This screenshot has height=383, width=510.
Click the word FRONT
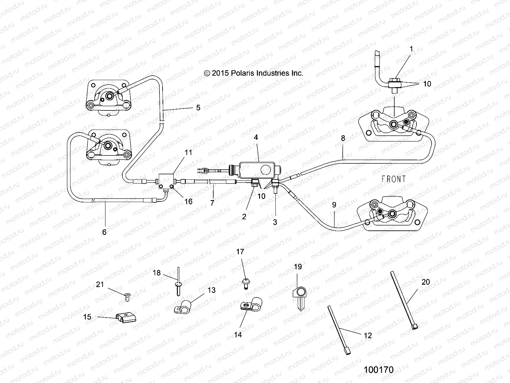coord(394,179)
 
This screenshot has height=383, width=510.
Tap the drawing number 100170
coord(379,370)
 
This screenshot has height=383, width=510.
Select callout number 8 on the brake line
coord(343,138)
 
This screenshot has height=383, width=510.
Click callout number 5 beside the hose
coord(198,108)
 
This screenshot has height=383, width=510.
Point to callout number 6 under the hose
coord(104,232)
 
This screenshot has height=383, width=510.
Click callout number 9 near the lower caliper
coord(334,205)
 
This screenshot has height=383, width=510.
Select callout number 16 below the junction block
coord(188,202)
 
